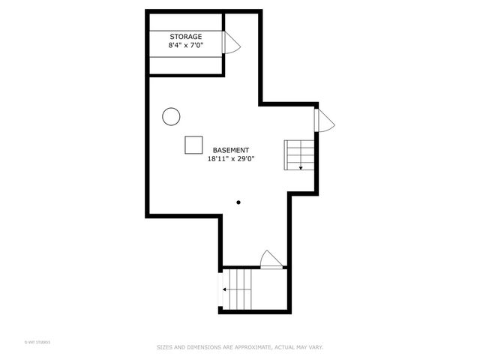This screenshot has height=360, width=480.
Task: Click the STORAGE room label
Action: pos(185,37)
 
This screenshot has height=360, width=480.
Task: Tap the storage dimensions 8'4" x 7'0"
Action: pos(185,46)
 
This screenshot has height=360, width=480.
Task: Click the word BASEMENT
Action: pos(231,150)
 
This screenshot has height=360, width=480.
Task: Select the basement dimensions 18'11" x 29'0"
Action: pos(231,159)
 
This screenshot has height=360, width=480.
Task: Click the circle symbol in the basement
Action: pos(171,116)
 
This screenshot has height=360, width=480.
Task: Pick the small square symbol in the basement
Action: pos(194,145)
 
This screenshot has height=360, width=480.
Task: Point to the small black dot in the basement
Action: pos(238,202)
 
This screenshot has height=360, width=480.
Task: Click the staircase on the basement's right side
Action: pos(298,154)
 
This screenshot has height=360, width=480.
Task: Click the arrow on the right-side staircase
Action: pos(301,167)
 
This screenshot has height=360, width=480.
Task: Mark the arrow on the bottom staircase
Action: pos(224,288)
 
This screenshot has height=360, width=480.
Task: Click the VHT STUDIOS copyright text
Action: pos(37,343)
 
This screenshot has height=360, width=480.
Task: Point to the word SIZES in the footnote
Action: pos(163,347)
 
